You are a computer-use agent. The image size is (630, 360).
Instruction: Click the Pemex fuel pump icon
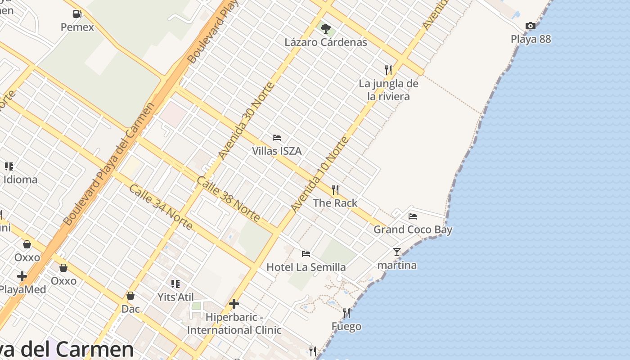(77, 14)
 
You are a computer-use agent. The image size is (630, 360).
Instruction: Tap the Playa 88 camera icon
(531, 26)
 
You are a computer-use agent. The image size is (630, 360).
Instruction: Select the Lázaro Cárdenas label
(326, 42)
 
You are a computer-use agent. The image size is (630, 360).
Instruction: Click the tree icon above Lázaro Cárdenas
(326, 29)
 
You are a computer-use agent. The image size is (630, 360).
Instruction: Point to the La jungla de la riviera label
(388, 90)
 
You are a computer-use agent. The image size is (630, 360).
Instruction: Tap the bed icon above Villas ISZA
(277, 138)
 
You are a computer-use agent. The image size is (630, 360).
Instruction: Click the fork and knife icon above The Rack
(335, 190)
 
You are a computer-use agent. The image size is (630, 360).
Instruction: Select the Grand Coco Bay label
(413, 229)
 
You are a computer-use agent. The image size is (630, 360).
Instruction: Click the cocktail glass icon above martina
(396, 252)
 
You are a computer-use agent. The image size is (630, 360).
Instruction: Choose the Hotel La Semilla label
(306, 267)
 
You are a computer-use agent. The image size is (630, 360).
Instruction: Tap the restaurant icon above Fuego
(346, 313)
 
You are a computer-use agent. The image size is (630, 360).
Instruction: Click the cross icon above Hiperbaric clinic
(234, 304)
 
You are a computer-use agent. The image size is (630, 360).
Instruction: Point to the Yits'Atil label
(175, 297)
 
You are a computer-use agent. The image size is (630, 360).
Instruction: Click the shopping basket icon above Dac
(130, 296)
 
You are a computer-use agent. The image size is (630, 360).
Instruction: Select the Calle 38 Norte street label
(228, 199)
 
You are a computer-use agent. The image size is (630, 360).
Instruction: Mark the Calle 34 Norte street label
(161, 207)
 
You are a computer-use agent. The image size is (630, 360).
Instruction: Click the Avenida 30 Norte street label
(246, 121)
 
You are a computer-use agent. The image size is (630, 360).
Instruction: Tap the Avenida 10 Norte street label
(319, 175)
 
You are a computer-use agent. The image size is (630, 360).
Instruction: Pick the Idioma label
(20, 180)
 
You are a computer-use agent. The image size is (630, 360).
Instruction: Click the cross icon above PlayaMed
(22, 276)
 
